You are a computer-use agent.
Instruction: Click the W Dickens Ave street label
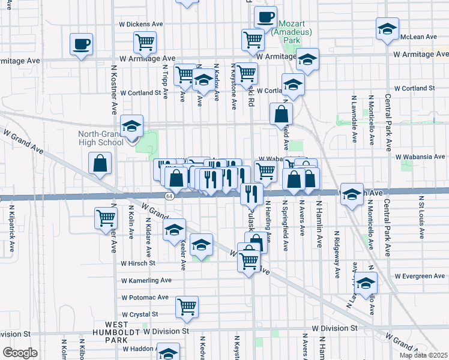[142, 24]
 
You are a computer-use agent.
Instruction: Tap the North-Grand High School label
[101, 138]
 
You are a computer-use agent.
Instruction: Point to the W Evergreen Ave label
[420, 276]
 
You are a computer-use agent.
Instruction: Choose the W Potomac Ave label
[145, 298]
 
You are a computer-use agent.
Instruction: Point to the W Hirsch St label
[138, 263]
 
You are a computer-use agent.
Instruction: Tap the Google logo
[20, 353]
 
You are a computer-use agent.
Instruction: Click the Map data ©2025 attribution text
[423, 355]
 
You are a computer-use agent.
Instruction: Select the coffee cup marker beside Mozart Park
[265, 17]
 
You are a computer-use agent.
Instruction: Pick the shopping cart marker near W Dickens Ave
[145, 42]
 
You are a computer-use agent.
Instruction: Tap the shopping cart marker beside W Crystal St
[187, 307]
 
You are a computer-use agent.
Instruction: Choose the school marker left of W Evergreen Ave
[366, 283]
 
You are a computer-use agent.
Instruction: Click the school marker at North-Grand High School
[131, 125]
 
